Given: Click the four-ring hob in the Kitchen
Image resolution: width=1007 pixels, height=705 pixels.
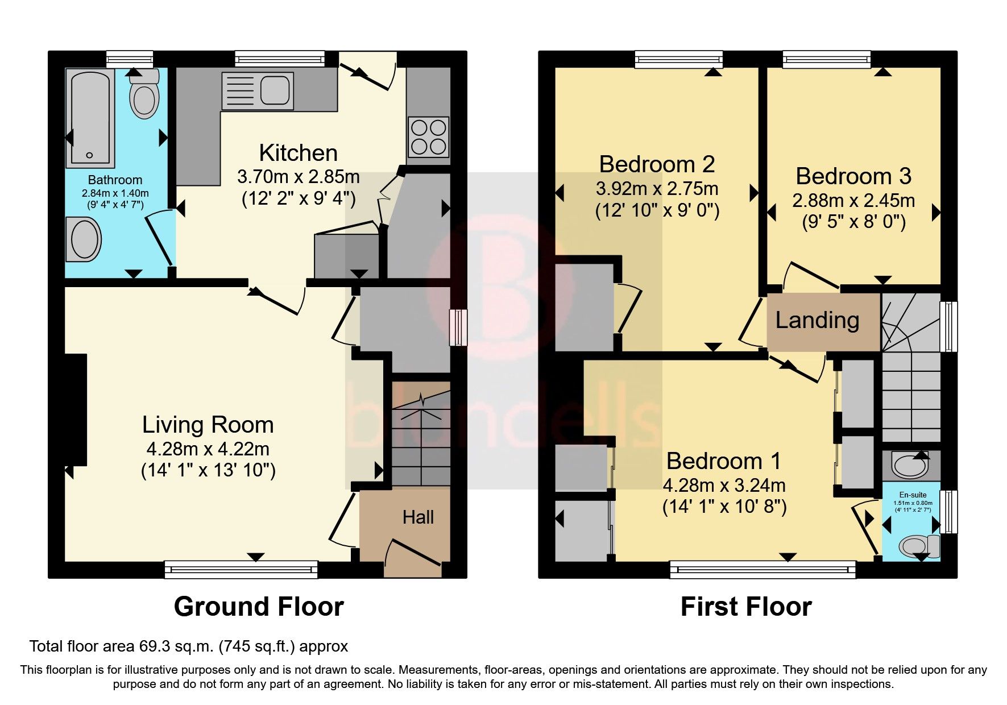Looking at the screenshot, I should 428,136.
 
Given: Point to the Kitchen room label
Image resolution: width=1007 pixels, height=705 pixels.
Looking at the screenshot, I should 298,153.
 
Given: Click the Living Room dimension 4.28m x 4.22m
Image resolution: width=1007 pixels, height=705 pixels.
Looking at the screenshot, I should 208,449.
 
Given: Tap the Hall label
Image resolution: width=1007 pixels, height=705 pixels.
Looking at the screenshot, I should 418,517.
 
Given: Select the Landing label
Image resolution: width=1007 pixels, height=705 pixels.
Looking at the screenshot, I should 817,320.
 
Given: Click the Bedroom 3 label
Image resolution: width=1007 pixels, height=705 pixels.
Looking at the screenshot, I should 853,176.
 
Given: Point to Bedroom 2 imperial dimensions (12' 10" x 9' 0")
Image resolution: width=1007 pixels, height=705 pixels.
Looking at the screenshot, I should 657,211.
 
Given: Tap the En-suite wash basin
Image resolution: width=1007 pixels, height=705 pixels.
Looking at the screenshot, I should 910,466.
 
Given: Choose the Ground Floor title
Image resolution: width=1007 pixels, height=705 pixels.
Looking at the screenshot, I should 259,607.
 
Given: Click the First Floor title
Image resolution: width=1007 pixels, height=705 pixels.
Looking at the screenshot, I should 745,607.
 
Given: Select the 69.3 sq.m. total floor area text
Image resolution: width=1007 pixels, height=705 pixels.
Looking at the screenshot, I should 188,646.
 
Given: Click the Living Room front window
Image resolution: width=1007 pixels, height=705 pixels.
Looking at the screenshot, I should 241,569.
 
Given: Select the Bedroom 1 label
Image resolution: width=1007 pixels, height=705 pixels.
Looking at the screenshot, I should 723,461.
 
